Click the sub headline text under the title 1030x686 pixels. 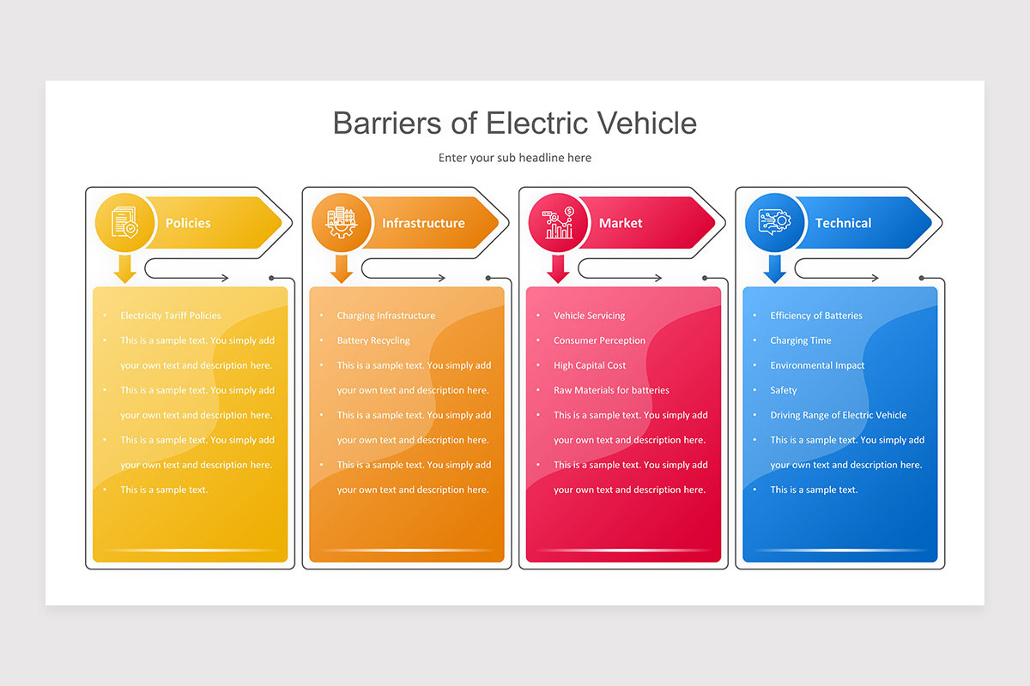[x=514, y=158]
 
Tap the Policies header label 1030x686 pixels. [x=188, y=223]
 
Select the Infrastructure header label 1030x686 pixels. [x=423, y=223]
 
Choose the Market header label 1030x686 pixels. [x=621, y=223]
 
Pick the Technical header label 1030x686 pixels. [x=843, y=223]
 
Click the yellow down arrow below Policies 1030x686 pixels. [x=125, y=268]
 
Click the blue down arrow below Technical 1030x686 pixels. [x=775, y=268]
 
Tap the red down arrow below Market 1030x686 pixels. [x=559, y=268]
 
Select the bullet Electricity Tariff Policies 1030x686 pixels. [x=171, y=316]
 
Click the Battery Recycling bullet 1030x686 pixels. [x=373, y=340]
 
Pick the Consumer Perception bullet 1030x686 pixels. [x=599, y=340]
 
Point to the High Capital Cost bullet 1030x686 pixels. [x=590, y=365]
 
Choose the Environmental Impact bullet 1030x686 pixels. [x=817, y=365]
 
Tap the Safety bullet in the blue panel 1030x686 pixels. [x=784, y=390]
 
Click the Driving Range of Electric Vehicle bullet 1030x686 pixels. [x=838, y=415]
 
